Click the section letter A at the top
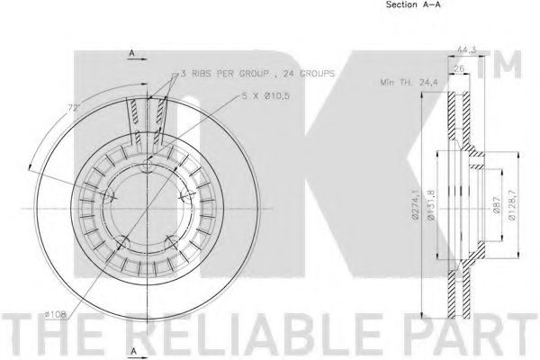click(x=131, y=55)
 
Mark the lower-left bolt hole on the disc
click(x=123, y=239)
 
